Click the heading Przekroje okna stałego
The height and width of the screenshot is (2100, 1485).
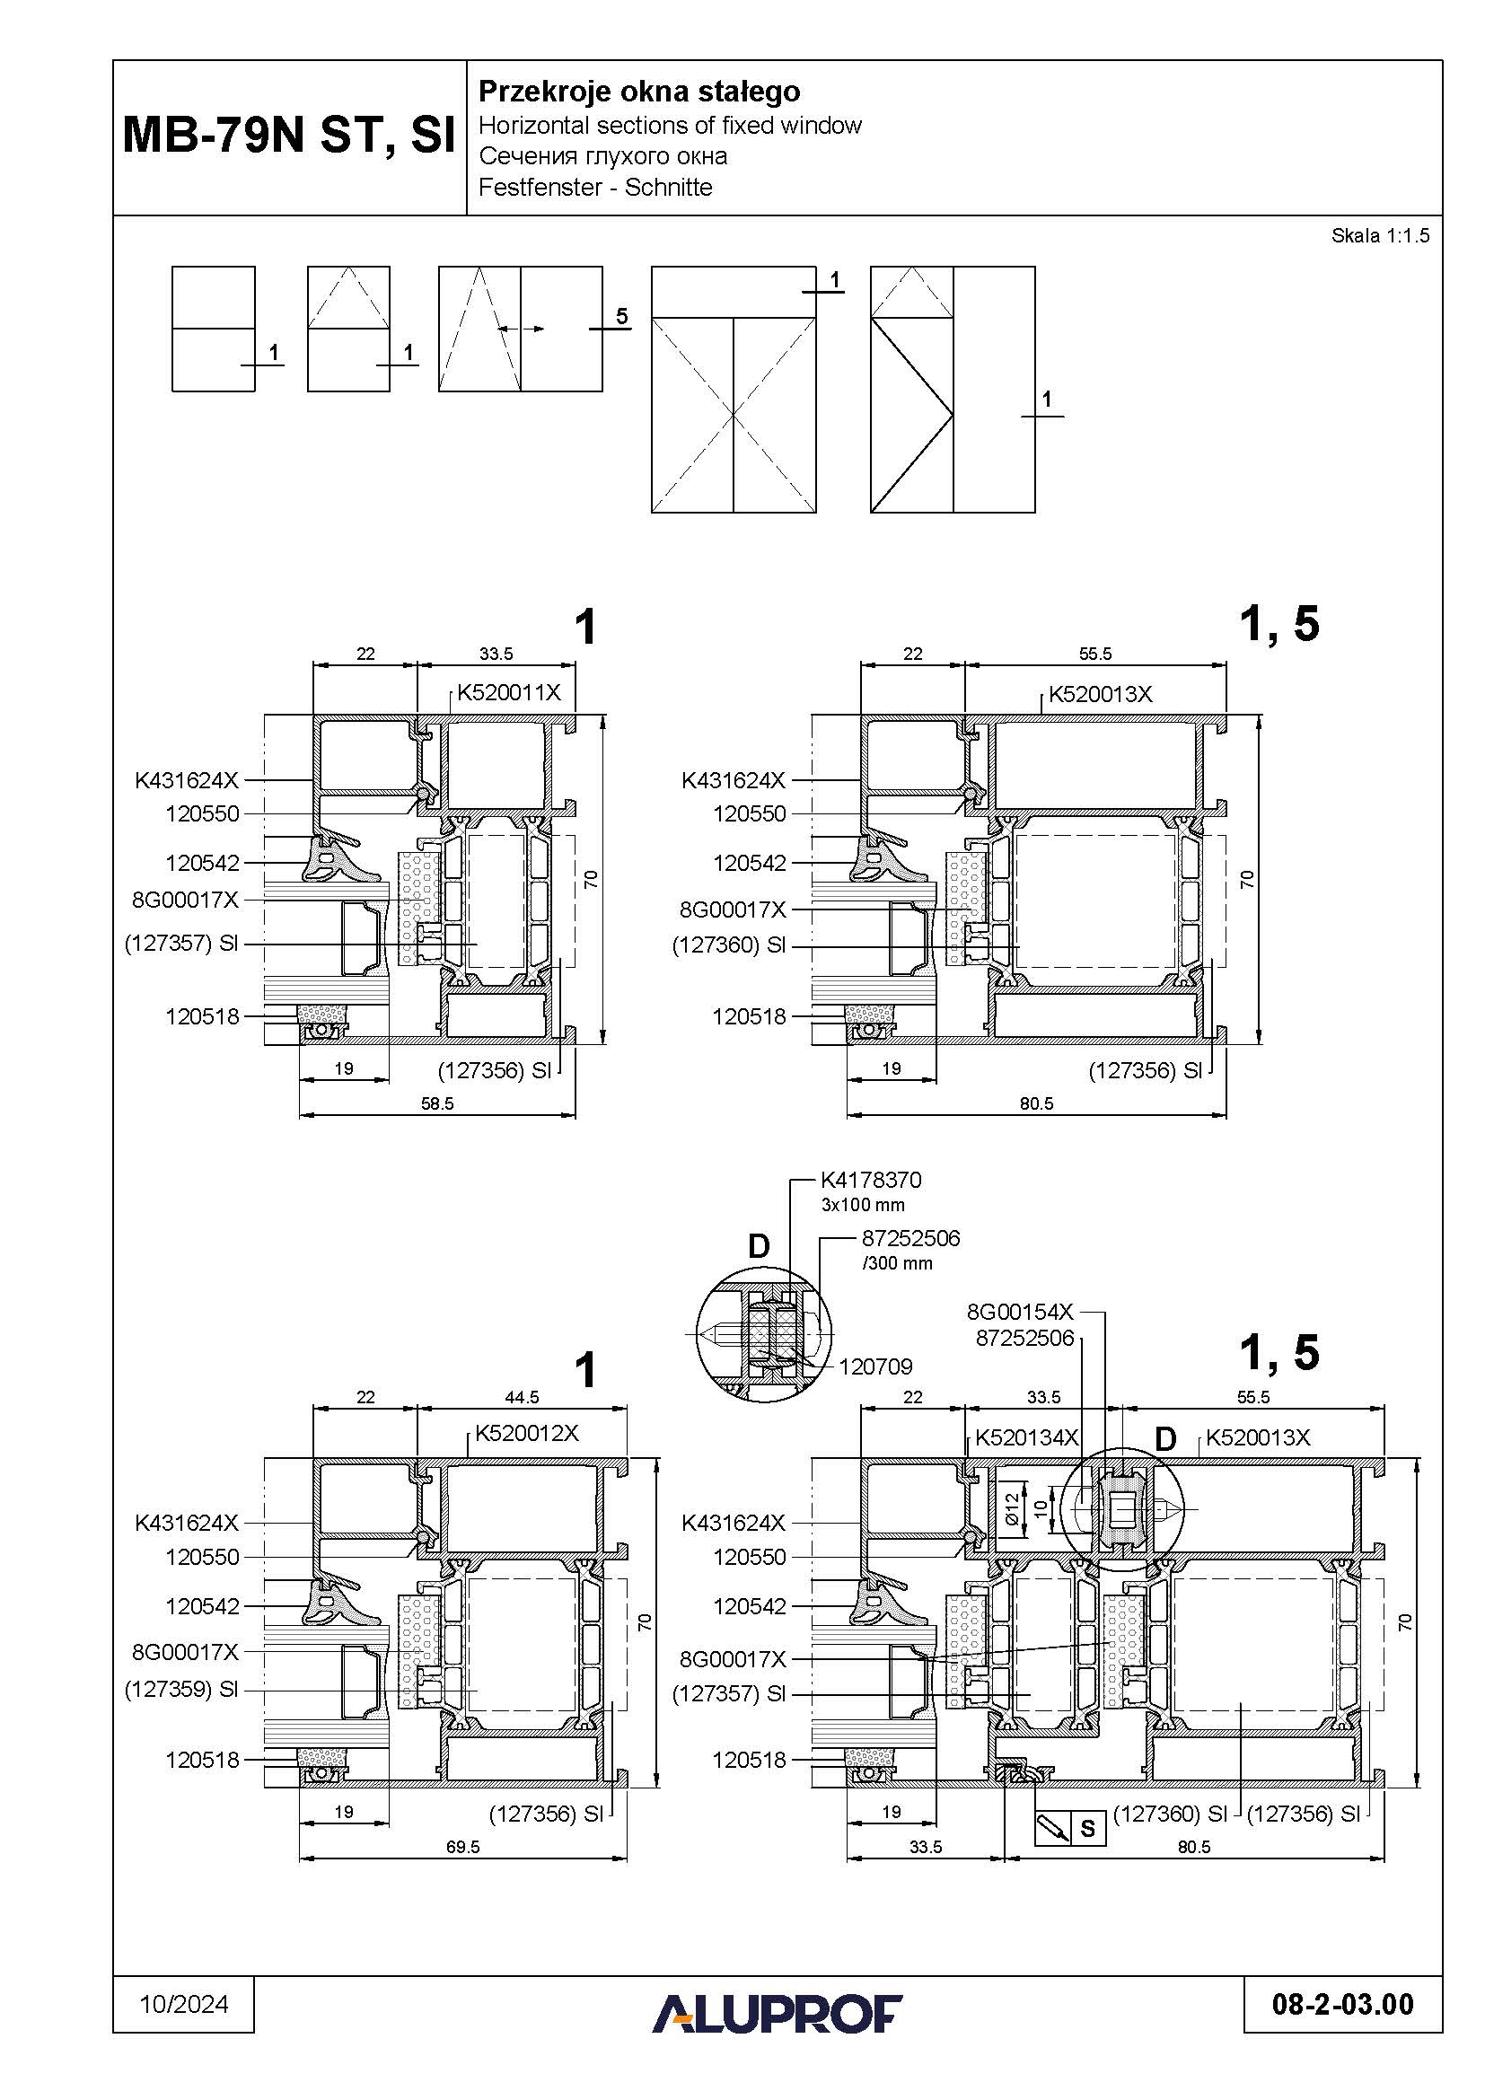point(639,92)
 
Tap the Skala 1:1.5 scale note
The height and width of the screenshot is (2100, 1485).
point(1379,236)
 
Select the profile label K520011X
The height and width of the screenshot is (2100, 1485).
point(508,692)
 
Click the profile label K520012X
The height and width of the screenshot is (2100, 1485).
point(527,1433)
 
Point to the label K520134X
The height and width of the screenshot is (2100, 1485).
point(1026,1437)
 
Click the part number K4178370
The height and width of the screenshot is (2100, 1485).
point(871,1180)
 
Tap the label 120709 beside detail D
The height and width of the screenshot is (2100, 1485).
point(875,1366)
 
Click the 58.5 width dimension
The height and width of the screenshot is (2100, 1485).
point(437,1104)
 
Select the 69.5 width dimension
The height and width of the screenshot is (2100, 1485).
point(462,1847)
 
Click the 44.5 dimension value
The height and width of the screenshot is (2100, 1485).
point(522,1397)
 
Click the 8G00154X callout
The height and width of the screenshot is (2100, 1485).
point(1020,1312)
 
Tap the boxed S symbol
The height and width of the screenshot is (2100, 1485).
point(1087,1828)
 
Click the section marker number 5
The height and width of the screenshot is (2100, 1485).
point(622,316)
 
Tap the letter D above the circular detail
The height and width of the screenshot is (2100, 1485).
point(759,1246)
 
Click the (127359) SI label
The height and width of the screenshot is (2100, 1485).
point(181,1690)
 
